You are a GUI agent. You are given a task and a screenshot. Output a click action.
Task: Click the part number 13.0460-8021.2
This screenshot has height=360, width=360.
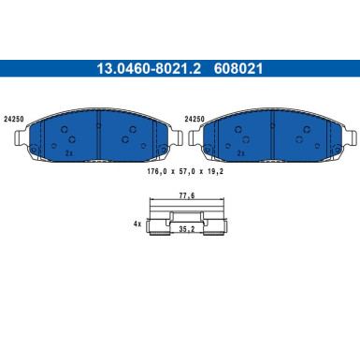pyautogui.click(x=149, y=68)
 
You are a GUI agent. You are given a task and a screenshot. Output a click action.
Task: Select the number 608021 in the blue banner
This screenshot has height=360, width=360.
pyautogui.click(x=238, y=68)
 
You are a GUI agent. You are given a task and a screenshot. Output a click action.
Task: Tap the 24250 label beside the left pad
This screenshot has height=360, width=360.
pyautogui.click(x=13, y=120)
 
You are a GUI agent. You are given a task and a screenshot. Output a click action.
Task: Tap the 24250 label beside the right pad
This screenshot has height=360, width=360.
pyautogui.click(x=194, y=119)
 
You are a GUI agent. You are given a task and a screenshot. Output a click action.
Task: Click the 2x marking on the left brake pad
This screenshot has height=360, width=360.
pyautogui.click(x=69, y=153)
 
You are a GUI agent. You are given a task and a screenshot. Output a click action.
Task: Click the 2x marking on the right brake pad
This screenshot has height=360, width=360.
pyautogui.click(x=241, y=153)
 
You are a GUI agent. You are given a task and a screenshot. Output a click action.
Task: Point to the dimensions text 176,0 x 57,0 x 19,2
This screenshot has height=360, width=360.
pyautogui.click(x=185, y=171)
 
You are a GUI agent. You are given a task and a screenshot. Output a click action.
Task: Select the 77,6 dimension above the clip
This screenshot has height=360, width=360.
pyautogui.click(x=187, y=195)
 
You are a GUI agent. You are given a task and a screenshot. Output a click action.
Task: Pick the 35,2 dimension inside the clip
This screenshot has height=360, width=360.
pyautogui.click(x=187, y=229)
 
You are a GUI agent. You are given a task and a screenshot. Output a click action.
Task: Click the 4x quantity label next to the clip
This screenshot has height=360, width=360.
pyautogui.click(x=137, y=223)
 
